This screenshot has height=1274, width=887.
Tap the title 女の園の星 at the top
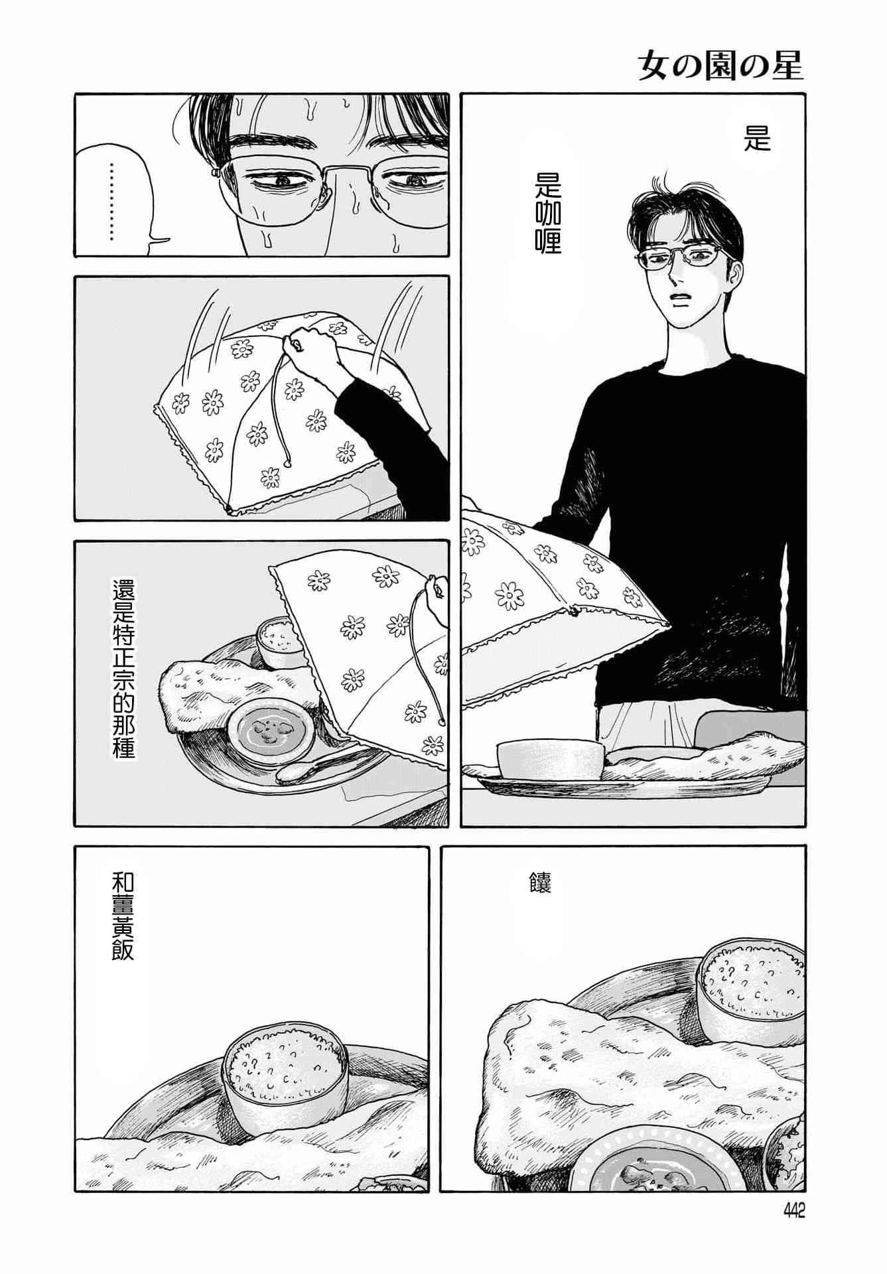click(x=720, y=66)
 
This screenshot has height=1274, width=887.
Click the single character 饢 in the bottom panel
click(x=540, y=883)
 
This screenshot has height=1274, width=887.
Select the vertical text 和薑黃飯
click(x=123, y=916)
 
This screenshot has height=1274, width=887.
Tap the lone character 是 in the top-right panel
click(x=757, y=139)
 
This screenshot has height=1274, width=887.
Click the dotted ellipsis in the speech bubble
click(x=111, y=201)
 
